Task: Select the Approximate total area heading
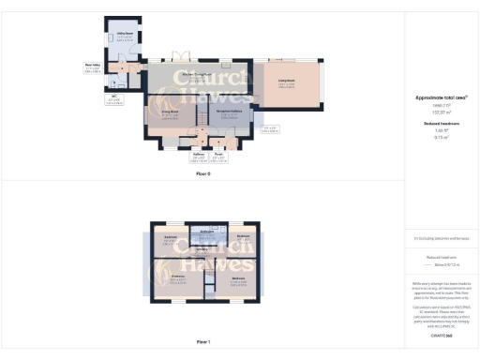tap(441, 97)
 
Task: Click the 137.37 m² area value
tap(441, 110)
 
